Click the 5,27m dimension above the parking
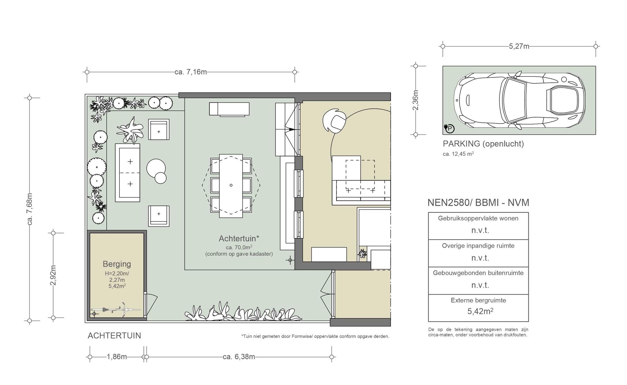pos(519,46)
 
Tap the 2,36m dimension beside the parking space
pos(415,100)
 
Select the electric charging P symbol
pos(449,128)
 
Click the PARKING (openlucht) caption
pos(483,144)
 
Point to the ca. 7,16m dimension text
pos(191,72)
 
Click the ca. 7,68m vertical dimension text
pos(30,209)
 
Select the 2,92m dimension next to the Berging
pos(53,275)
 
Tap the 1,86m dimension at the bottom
pos(117,357)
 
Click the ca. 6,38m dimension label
pos(239,357)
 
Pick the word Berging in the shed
pos(117,264)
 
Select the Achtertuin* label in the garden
pos(239,238)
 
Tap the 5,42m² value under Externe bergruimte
pos(480,311)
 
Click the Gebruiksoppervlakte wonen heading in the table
pos(478,218)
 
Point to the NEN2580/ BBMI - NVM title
pos(478,203)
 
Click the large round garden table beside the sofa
pos(156,168)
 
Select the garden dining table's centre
pos(231,185)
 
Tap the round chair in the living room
pos(335,121)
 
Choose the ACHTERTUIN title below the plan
pos(114,336)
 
